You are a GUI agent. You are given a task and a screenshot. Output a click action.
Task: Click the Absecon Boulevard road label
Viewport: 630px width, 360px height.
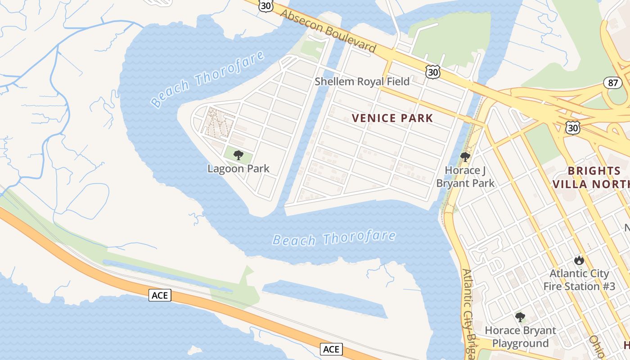328,31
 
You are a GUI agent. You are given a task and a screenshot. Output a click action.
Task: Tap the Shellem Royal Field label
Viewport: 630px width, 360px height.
362,81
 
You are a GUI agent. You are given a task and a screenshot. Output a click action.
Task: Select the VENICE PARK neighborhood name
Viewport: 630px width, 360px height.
392,118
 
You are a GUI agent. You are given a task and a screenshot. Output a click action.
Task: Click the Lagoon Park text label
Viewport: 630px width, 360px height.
238,169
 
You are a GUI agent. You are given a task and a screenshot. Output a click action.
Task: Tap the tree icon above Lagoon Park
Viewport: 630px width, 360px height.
238,156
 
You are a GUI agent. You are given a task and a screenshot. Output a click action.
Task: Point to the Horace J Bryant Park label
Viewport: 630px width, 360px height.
465,177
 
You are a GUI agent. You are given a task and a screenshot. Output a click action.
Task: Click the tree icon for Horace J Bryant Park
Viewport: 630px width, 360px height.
465,157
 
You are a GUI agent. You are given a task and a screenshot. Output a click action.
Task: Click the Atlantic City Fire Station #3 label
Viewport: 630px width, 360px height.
579,280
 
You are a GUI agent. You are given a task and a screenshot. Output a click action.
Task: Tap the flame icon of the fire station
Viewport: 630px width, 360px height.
579,260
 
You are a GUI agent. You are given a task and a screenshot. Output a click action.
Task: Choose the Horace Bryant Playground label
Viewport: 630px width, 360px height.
520,337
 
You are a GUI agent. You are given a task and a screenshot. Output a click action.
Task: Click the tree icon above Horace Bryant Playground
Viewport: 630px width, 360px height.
520,317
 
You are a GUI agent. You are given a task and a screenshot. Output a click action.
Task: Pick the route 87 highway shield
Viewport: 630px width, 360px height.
613,83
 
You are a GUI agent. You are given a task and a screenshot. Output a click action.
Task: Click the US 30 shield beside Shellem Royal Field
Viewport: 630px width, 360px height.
433,72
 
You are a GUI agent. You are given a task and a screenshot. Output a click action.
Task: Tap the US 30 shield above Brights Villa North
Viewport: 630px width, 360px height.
573,128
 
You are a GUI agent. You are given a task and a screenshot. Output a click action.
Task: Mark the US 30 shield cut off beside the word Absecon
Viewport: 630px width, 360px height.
265,5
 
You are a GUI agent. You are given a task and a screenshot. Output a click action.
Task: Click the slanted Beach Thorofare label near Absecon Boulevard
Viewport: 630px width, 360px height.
208,79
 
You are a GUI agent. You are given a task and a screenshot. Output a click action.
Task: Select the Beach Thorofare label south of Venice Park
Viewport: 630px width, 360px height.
334,238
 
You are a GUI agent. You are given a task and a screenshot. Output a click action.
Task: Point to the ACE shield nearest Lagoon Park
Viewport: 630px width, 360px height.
160,295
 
